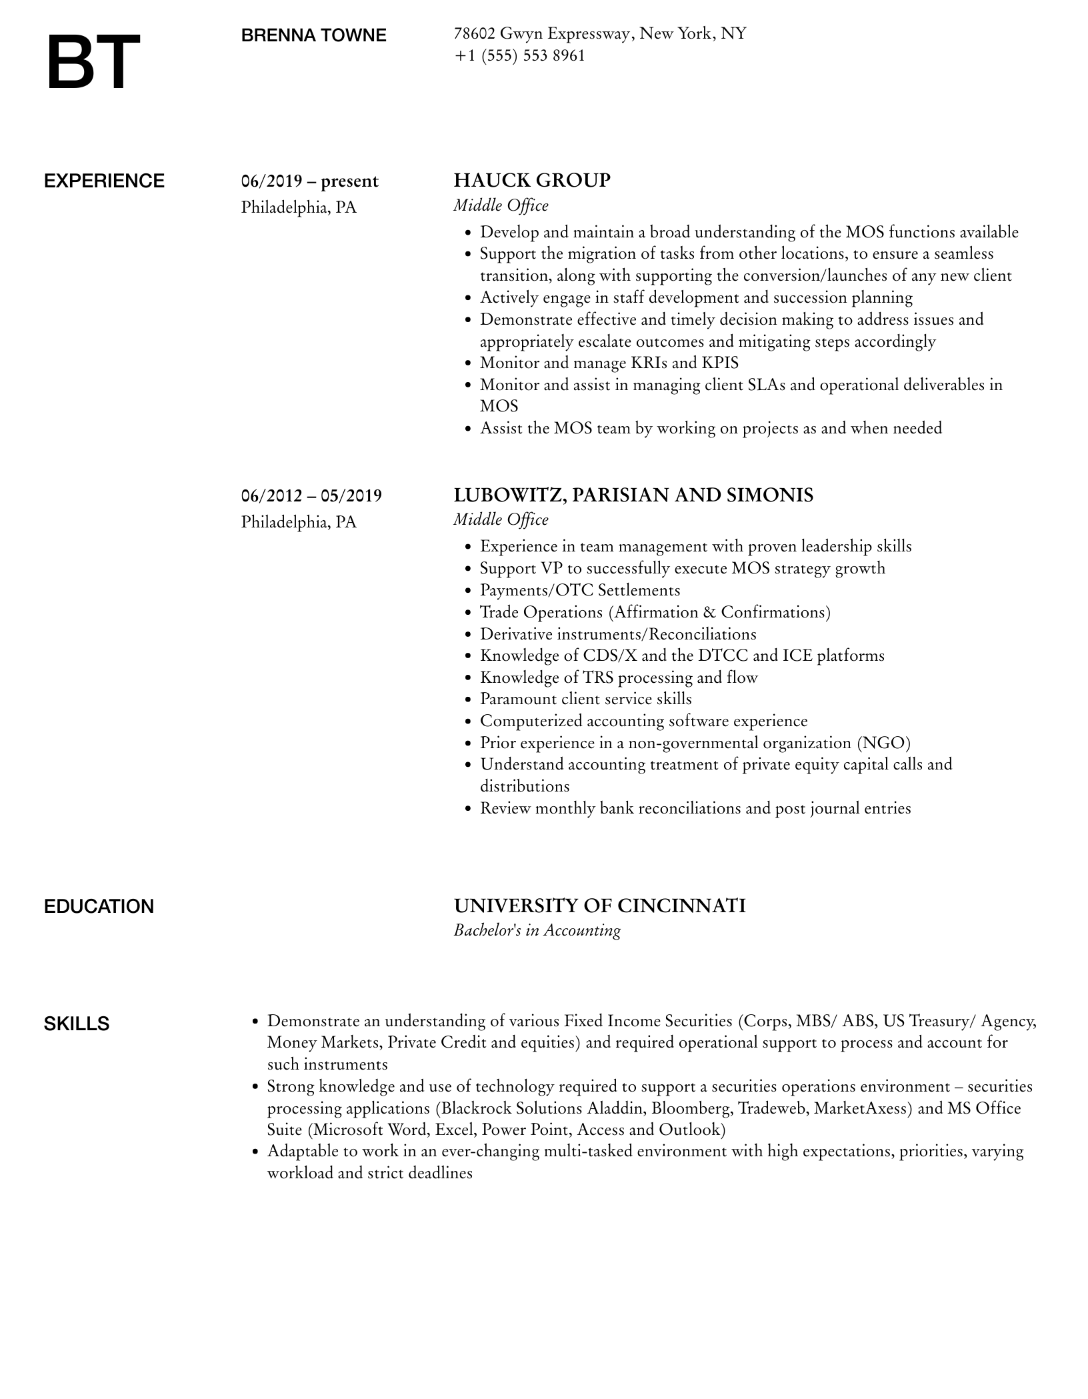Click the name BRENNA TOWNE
313,35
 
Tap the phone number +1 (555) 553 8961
519,55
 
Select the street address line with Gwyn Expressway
599,33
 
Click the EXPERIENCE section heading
104,181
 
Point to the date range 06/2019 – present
309,181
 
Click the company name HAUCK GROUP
532,181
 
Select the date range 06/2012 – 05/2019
311,495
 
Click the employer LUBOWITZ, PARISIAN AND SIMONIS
633,495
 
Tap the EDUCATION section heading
99,906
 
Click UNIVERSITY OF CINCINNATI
599,906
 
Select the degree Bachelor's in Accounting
537,930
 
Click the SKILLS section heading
77,1024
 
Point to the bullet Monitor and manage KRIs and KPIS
609,363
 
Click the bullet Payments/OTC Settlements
580,590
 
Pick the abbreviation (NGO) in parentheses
883,743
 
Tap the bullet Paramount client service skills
585,699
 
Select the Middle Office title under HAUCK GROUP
501,205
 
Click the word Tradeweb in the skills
773,1108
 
